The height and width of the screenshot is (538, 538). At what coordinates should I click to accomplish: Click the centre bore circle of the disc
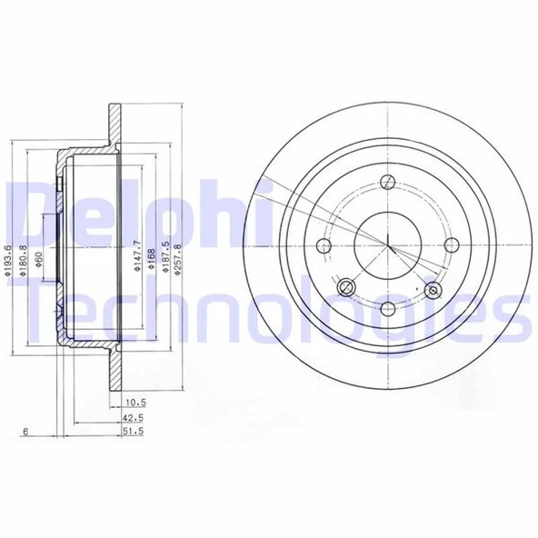pos(389,244)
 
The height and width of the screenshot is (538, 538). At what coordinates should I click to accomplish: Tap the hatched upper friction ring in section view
pos(116,122)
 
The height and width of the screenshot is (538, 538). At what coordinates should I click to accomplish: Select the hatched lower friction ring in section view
pos(116,374)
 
